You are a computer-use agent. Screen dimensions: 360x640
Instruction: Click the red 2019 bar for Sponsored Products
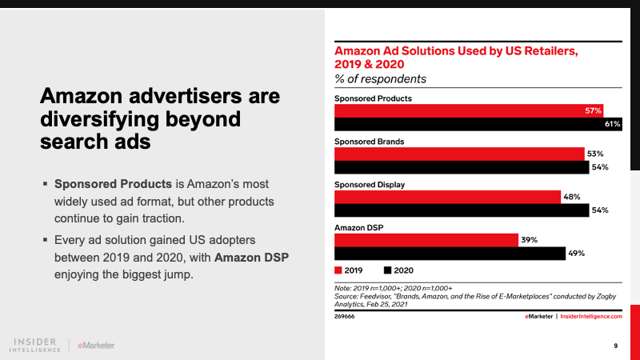(x=468, y=110)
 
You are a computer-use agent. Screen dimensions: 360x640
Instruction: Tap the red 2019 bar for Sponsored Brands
(x=459, y=154)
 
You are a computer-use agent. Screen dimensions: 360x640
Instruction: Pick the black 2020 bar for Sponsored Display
(x=461, y=210)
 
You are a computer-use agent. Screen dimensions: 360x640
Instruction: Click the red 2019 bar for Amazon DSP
(x=426, y=240)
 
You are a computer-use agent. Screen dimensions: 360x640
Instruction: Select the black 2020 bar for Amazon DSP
(x=449, y=254)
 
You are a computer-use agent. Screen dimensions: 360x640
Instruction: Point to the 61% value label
(x=613, y=124)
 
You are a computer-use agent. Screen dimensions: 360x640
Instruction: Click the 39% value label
(x=529, y=240)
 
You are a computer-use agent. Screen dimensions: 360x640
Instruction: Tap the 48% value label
(x=571, y=197)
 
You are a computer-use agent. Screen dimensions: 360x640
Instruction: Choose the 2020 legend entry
(x=397, y=270)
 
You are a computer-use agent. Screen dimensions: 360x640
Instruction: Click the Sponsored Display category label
(x=369, y=184)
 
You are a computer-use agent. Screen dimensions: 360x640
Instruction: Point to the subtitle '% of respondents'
(x=380, y=79)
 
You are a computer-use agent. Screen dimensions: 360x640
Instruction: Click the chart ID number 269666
(x=345, y=317)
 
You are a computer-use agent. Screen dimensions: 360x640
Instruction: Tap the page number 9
(x=615, y=346)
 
